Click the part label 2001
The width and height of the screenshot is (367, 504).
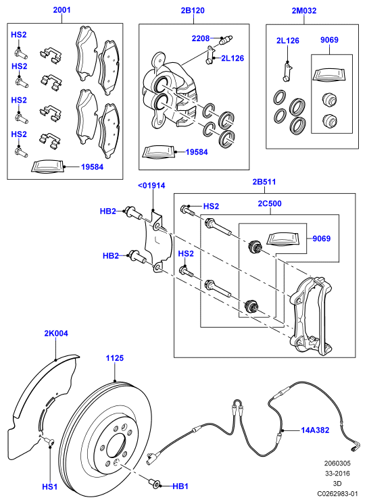pyautogui.click(x=62, y=10)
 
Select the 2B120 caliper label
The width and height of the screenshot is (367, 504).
pyautogui.click(x=193, y=11)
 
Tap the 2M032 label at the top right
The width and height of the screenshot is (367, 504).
pyautogui.click(x=304, y=11)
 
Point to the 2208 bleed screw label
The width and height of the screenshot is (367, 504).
pyautogui.click(x=201, y=39)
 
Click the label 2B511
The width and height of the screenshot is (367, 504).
pyautogui.click(x=264, y=182)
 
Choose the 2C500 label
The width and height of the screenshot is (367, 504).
pyautogui.click(x=270, y=203)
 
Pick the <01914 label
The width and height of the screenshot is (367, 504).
pyautogui.click(x=151, y=186)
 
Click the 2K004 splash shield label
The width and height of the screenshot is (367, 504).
pyautogui.click(x=56, y=333)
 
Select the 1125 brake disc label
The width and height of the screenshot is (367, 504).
pyautogui.click(x=115, y=358)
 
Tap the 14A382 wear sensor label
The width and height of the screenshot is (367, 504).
pyautogui.click(x=315, y=430)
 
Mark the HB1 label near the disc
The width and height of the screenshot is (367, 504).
pyautogui.click(x=180, y=486)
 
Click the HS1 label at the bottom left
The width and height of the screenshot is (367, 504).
pyautogui.click(x=50, y=486)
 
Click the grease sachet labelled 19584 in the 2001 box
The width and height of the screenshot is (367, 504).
pyautogui.click(x=48, y=167)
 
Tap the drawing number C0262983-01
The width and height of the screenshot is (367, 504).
pyautogui.click(x=338, y=494)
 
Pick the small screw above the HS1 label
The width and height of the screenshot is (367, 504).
pyautogui.click(x=49, y=441)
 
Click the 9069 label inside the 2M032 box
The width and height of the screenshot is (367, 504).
pyautogui.click(x=329, y=40)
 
